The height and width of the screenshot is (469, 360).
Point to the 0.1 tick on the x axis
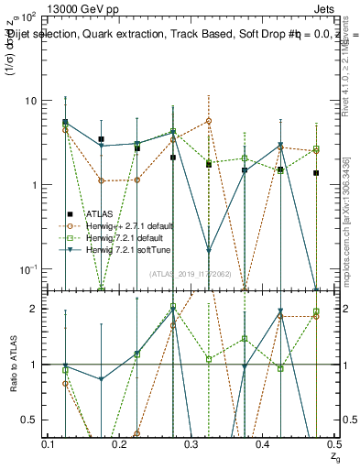[49, 444]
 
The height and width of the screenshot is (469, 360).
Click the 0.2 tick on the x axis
[120, 444]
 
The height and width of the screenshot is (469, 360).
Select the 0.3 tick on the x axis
[191, 444]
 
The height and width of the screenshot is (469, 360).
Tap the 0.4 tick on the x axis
[263, 444]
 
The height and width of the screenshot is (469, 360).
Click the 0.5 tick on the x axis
[334, 444]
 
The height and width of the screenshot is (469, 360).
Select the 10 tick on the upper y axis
[29, 101]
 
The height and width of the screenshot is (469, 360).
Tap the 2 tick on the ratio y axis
[35, 309]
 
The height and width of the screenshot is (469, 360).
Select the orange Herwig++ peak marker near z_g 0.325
[209, 121]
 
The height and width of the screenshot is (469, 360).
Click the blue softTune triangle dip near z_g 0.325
[209, 250]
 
